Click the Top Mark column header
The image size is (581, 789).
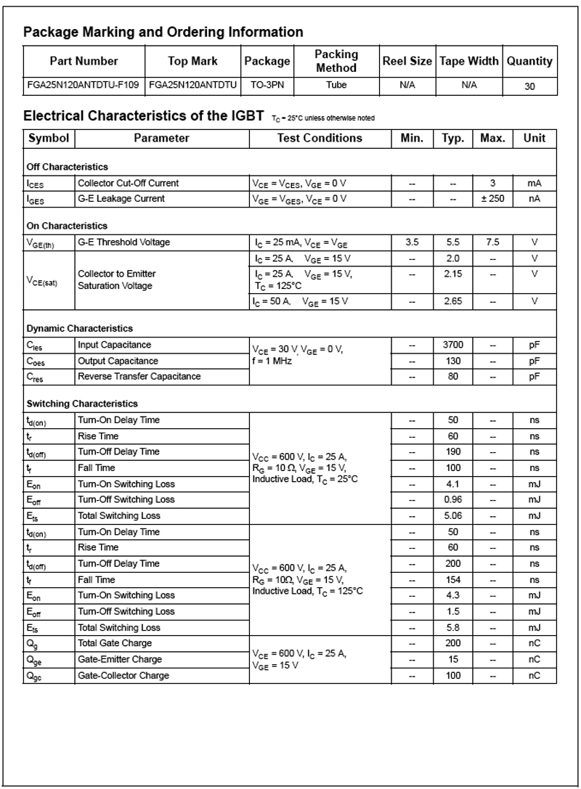click(x=192, y=61)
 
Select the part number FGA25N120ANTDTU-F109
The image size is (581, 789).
click(x=85, y=85)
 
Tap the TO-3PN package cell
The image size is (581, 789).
click(x=267, y=85)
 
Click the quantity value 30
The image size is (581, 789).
click(x=529, y=86)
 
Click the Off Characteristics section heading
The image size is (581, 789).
click(x=67, y=167)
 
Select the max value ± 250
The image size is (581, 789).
click(x=492, y=198)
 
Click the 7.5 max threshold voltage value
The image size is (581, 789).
click(x=492, y=242)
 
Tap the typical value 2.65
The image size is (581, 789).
click(x=452, y=301)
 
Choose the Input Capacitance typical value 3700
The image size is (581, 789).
click(x=452, y=345)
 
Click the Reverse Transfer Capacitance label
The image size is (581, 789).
click(x=139, y=377)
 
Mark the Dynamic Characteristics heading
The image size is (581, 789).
click(x=80, y=329)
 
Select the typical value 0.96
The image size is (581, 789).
click(x=452, y=499)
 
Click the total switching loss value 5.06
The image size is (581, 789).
click(x=452, y=515)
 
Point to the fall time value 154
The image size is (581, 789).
click(x=452, y=579)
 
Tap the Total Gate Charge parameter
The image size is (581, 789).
click(x=115, y=643)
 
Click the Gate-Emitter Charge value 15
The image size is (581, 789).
click(x=452, y=659)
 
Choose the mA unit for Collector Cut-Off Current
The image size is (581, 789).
click(x=534, y=183)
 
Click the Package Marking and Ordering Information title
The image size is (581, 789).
click(x=163, y=32)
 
